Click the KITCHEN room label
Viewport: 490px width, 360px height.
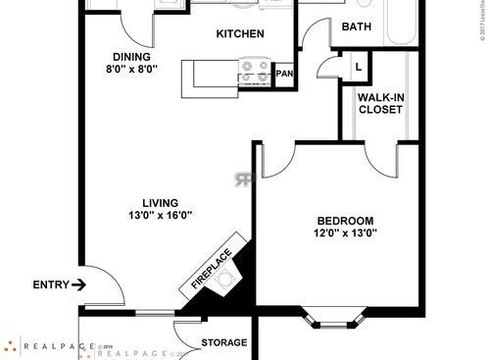pos(240,34)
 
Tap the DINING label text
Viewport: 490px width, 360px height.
pos(130,57)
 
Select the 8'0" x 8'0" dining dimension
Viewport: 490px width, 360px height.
pos(130,71)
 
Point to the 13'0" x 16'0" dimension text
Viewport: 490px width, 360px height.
pos(160,217)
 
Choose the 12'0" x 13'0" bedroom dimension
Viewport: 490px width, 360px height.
pos(346,232)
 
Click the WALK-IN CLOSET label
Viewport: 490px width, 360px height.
pos(380,103)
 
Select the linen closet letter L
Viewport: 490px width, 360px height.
pos(358,67)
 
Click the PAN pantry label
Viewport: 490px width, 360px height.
pos(285,74)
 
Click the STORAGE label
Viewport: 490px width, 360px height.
pos(223,342)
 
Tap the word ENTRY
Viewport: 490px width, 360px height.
pos(51,285)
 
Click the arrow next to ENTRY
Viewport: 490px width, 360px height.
pos(79,285)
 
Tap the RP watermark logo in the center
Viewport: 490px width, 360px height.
pos(243,179)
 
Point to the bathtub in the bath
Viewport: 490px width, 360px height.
pos(404,22)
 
